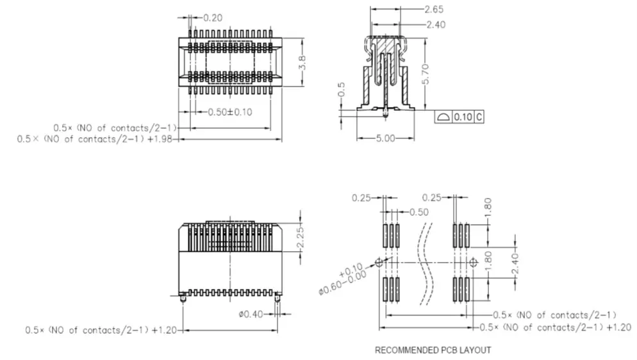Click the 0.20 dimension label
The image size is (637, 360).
[x=213, y=18]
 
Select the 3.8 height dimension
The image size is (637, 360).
[x=302, y=63]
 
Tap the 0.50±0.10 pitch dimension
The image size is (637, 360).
[x=230, y=112]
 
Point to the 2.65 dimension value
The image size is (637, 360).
[x=434, y=9]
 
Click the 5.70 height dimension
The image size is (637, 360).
[x=426, y=74]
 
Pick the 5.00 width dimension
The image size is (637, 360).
[x=385, y=138]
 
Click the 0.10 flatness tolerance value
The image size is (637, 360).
[x=463, y=117]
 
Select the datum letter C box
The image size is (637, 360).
[x=479, y=117]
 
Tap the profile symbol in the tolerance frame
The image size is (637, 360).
[x=443, y=117]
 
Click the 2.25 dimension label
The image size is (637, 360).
[x=300, y=238]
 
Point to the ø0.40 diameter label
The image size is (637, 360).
[x=251, y=314]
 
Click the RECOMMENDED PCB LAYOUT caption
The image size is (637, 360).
[x=433, y=350]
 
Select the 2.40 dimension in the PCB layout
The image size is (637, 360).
[x=515, y=263]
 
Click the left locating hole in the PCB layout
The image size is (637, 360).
[x=379, y=263]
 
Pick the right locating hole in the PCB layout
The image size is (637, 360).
[x=474, y=263]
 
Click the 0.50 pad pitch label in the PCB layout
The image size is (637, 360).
[x=419, y=212]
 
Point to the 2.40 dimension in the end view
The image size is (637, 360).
[x=436, y=25]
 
